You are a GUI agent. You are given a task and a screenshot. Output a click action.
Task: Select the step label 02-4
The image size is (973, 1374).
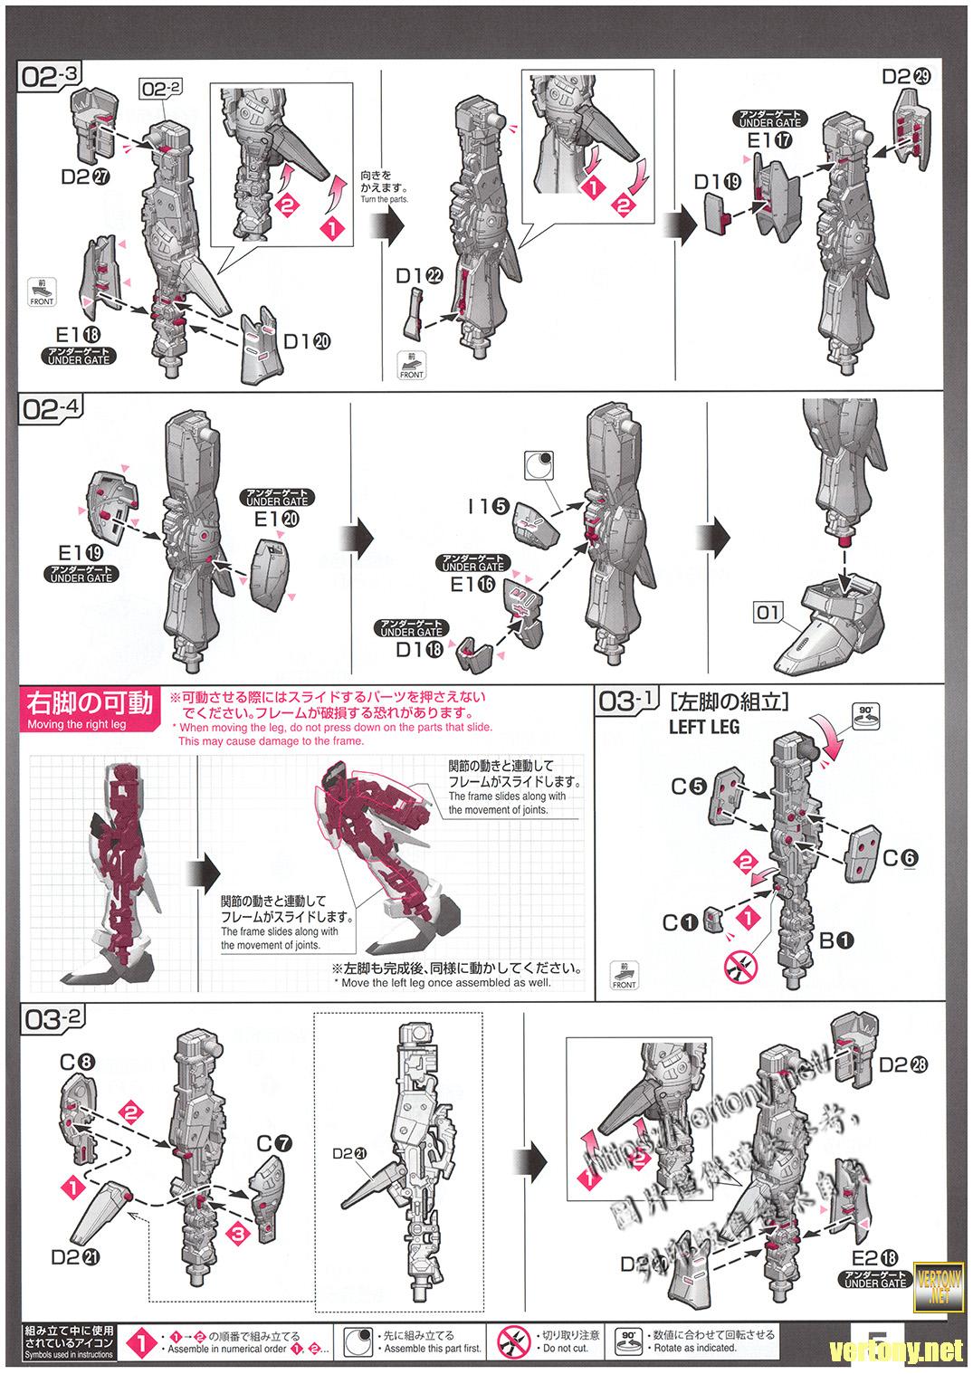pyautogui.click(x=51, y=408)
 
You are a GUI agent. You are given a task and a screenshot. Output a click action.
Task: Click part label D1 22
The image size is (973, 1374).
pyautogui.click(x=419, y=275)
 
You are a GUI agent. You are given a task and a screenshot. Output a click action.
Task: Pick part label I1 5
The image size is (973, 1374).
pyautogui.click(x=489, y=507)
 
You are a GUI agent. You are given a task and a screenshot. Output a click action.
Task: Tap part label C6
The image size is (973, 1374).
pyautogui.click(x=900, y=857)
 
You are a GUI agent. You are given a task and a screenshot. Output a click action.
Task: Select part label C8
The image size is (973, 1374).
pyautogui.click(x=74, y=1058)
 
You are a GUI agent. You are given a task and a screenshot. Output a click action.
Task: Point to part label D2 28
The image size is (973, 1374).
pyautogui.click(x=904, y=1064)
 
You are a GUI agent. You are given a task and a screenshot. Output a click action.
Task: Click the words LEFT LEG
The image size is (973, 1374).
pyautogui.click(x=703, y=726)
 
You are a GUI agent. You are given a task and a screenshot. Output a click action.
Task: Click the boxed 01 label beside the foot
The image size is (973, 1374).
pyautogui.click(x=768, y=613)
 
